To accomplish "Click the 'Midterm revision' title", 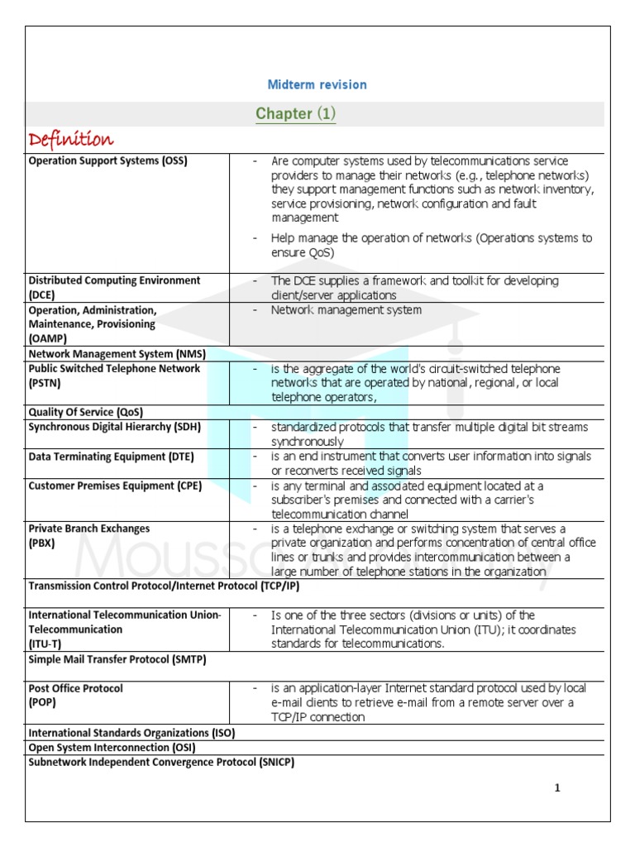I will point(317,84).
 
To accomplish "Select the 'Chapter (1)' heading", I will point(295,113).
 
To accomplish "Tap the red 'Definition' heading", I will point(71,138).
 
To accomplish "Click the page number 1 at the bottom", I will point(557,787).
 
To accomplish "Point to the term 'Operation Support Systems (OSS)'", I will point(107,161).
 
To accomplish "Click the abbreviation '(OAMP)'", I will point(47,338).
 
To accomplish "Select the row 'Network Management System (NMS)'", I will point(117,353).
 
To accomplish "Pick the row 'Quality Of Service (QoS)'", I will point(85,412).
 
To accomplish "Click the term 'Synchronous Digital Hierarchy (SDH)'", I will point(115,427).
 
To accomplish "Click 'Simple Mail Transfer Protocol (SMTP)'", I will point(117,659).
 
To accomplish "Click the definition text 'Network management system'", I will point(346,310).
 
